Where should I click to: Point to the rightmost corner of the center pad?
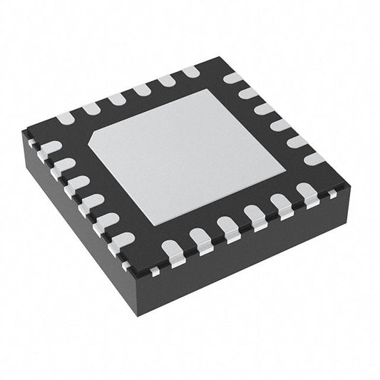click(285, 169)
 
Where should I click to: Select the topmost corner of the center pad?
click(208, 91)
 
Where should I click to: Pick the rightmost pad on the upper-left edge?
click(190, 71)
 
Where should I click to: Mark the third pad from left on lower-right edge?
click(229, 226)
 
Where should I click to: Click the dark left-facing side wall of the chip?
click(78, 228)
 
